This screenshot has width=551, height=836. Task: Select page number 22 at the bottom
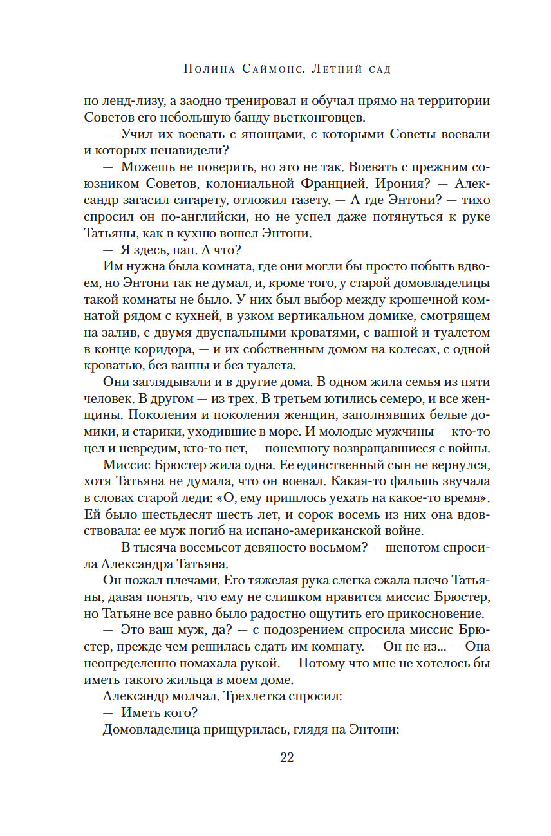click(287, 757)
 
